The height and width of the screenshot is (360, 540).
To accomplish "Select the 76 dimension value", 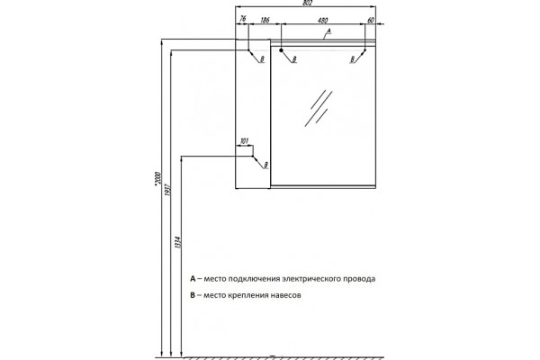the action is [x=242, y=19].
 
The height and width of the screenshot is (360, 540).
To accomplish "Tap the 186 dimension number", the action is [x=265, y=21].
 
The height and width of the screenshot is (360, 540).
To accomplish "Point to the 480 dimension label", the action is [x=323, y=21].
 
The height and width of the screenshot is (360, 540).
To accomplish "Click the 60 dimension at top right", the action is [x=371, y=21].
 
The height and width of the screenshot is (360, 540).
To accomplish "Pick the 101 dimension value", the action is [x=244, y=141].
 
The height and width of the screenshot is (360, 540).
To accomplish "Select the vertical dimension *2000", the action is [x=157, y=180].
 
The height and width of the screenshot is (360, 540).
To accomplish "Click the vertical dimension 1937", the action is [x=167, y=188].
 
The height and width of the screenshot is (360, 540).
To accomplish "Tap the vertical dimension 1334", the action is [x=177, y=242].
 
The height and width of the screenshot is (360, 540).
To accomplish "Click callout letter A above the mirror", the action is [x=328, y=31].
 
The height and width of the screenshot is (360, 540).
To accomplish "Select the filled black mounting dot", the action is [x=281, y=50].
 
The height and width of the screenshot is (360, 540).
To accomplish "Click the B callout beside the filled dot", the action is [x=294, y=59].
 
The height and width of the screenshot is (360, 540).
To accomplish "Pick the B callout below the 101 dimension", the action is [x=265, y=166].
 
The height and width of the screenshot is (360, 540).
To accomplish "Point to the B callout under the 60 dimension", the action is [x=352, y=59].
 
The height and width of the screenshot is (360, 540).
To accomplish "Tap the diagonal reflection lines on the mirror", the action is [x=319, y=109].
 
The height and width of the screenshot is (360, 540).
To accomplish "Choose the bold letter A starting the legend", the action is [x=193, y=278].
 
